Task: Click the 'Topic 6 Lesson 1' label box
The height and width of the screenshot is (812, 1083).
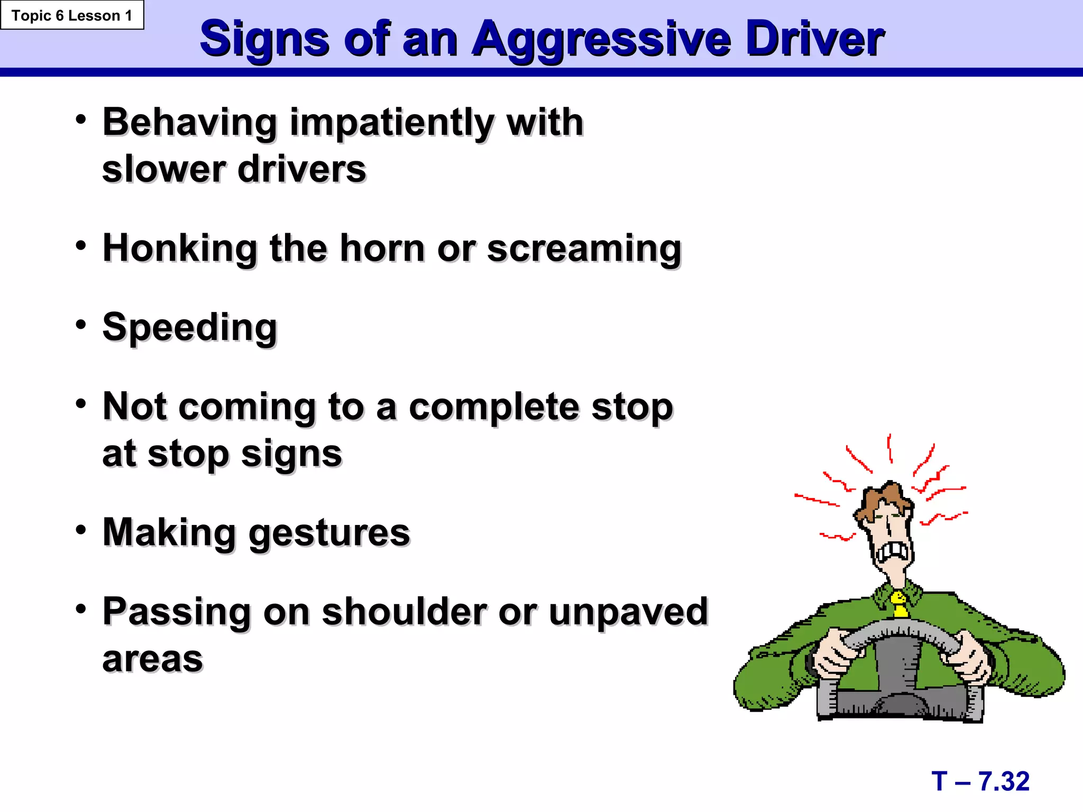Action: (72, 15)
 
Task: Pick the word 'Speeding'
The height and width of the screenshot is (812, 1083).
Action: (190, 328)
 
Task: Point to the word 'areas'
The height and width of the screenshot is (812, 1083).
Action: (153, 659)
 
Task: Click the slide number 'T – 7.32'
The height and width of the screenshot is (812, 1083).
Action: (980, 781)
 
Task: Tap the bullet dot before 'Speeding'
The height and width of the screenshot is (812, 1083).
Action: (80, 324)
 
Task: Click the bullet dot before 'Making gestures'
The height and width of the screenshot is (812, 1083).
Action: (80, 529)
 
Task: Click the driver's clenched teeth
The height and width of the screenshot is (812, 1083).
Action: (893, 552)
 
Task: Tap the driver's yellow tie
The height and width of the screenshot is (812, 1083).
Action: (899, 604)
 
